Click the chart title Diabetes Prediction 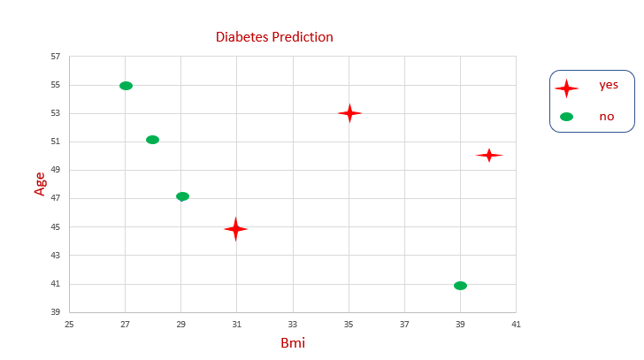click(274, 37)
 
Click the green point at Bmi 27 click(126, 86)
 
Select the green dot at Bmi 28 click(152, 140)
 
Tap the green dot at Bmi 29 click(182, 196)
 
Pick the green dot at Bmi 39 click(460, 286)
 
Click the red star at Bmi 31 click(235, 229)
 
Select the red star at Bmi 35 click(349, 113)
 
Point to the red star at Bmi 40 click(488, 155)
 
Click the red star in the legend click(566, 88)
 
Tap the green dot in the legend click(566, 117)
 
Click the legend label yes click(609, 85)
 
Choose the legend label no click(607, 116)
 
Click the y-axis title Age click(40, 183)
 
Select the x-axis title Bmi click(293, 342)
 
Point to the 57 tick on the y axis click(55, 57)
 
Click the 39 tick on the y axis click(55, 312)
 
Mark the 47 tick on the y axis click(55, 198)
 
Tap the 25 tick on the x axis click(69, 324)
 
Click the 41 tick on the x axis click(516, 324)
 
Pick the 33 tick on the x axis click(293, 324)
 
